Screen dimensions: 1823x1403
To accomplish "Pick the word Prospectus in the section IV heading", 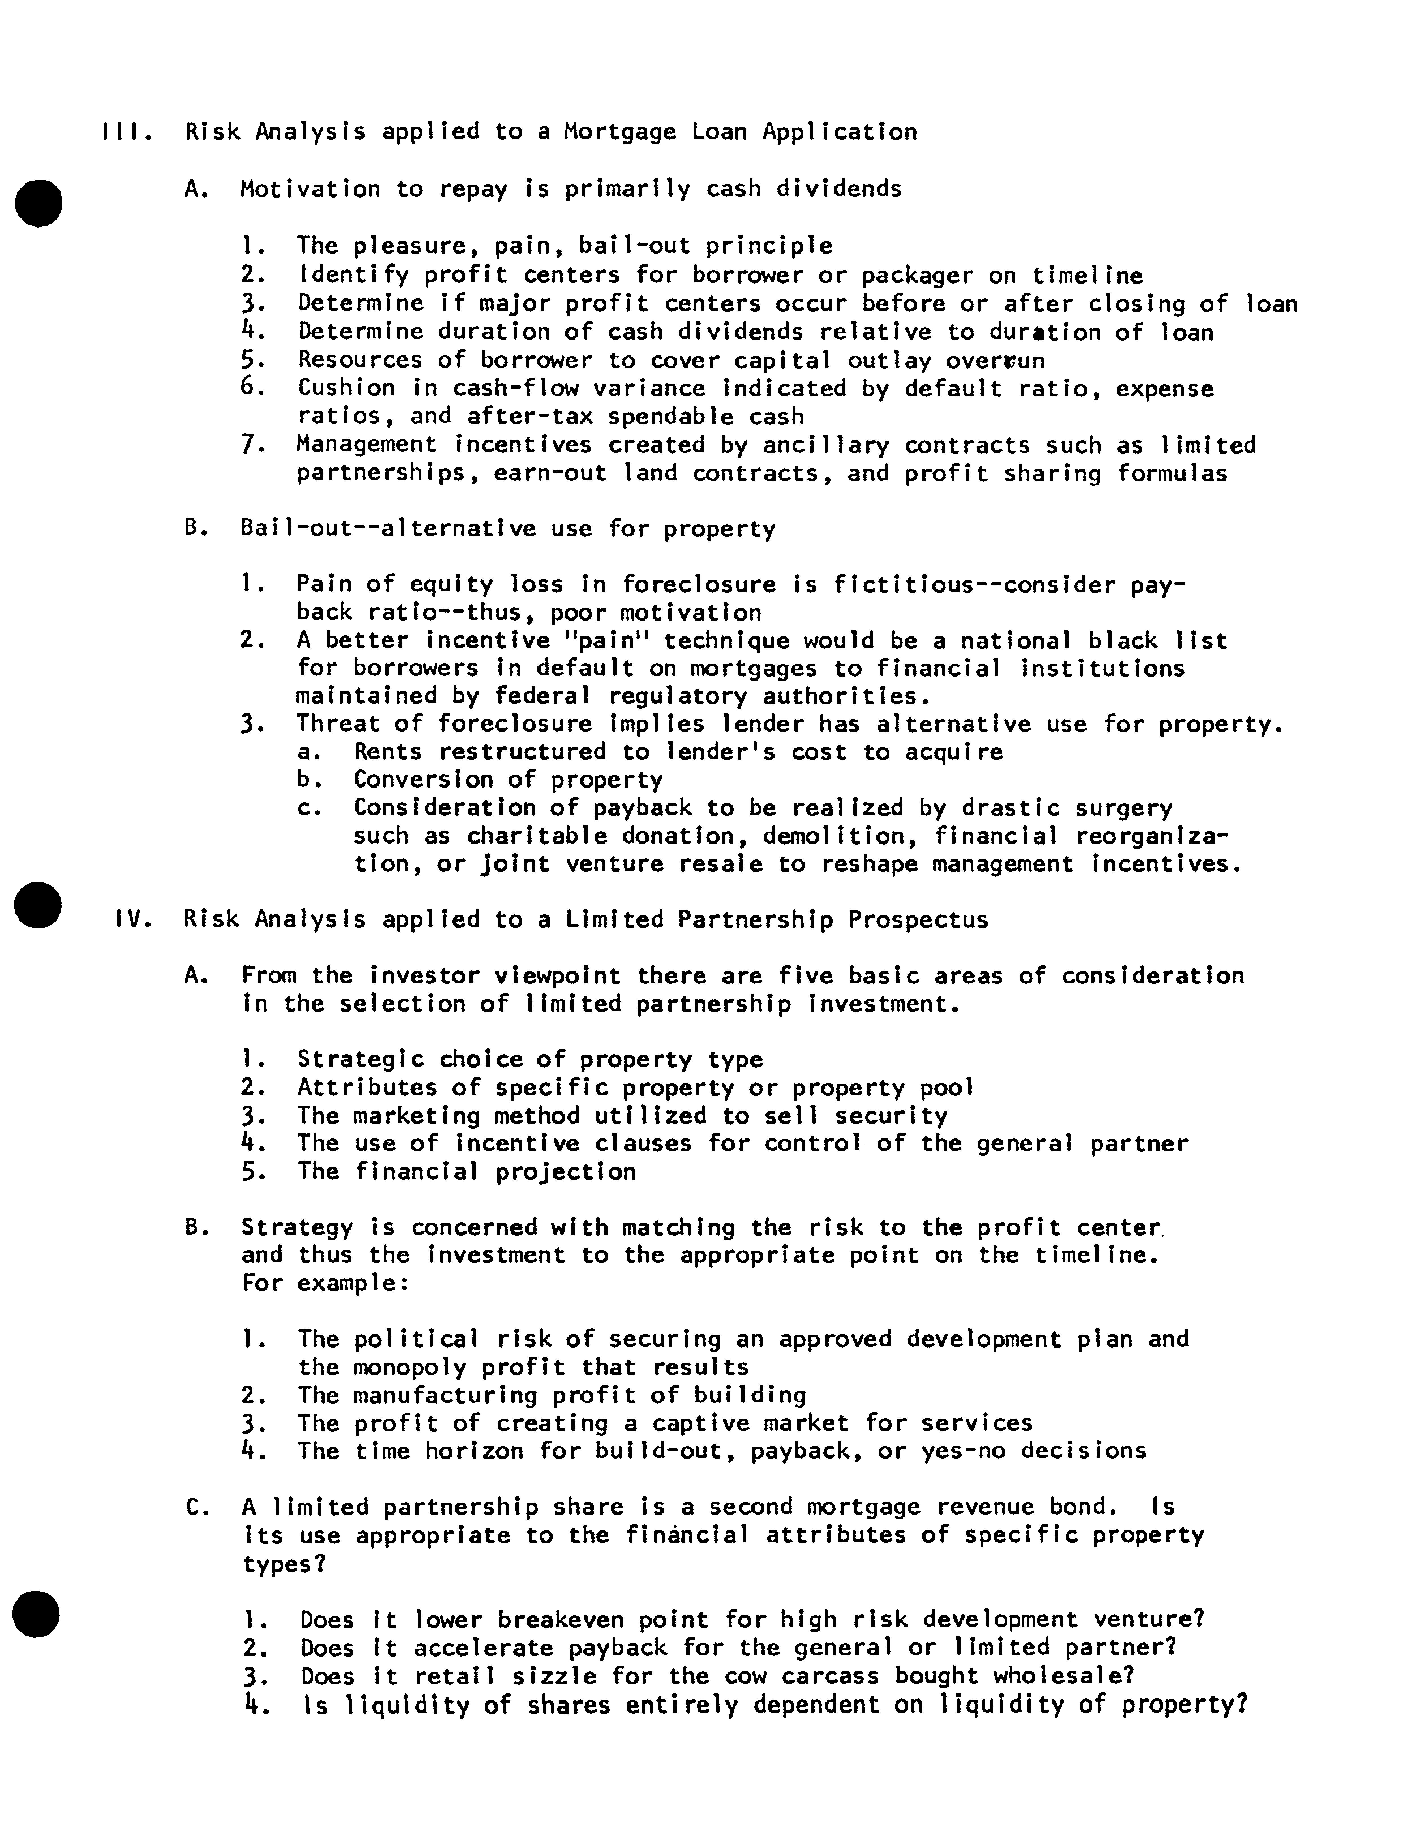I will pos(917,920).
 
